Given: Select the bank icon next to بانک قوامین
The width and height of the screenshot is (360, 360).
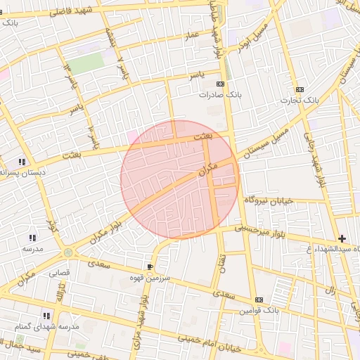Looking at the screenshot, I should tap(259, 300).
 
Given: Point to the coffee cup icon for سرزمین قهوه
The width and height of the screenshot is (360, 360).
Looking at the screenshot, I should tap(150, 266).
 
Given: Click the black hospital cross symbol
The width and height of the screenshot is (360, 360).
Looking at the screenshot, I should tap(342, 239).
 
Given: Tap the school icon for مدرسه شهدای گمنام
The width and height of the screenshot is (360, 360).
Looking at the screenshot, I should tap(47, 316).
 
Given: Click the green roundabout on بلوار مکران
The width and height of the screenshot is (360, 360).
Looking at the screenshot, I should tap(67, 252).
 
